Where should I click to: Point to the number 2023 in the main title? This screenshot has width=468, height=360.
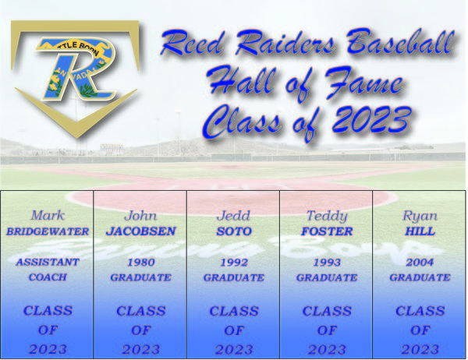(x=372, y=118)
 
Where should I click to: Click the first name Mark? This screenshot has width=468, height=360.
(x=48, y=215)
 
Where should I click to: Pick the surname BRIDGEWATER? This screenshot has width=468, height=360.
(x=48, y=231)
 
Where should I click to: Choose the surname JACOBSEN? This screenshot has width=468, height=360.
(x=141, y=231)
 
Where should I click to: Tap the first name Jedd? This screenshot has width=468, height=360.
(x=233, y=215)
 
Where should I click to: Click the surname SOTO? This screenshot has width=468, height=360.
(x=234, y=231)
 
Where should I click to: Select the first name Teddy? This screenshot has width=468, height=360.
(x=327, y=216)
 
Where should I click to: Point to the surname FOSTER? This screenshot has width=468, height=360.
(x=327, y=231)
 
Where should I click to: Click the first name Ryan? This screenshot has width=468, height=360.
(x=420, y=216)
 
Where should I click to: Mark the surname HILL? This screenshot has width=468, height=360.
(x=420, y=231)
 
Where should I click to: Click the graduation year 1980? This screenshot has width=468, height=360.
(x=141, y=262)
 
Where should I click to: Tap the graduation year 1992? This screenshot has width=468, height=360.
(x=234, y=262)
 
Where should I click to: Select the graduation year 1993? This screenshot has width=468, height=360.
(x=327, y=262)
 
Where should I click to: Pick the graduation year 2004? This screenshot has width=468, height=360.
(x=420, y=262)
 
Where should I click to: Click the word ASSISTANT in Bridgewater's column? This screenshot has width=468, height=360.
(x=48, y=262)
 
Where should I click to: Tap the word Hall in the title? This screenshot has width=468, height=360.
(x=241, y=79)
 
